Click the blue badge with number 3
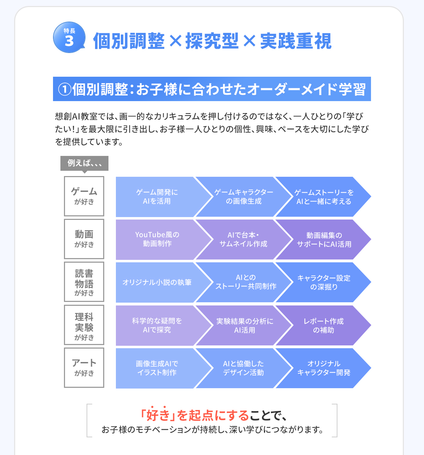click(x=69, y=37)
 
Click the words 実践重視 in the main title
click(x=296, y=41)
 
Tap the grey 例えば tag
click(x=84, y=163)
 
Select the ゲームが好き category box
click(x=84, y=196)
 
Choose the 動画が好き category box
click(x=84, y=239)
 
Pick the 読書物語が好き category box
click(x=84, y=282)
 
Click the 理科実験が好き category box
click(x=84, y=325)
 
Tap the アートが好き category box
click(x=84, y=368)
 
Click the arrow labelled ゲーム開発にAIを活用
click(x=157, y=197)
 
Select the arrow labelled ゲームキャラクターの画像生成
click(x=243, y=197)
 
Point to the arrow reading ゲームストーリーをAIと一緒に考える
click(x=324, y=197)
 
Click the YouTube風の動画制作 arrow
click(x=157, y=239)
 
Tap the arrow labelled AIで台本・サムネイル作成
click(x=243, y=239)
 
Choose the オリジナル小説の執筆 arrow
click(x=157, y=282)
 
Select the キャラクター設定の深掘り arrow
click(x=324, y=282)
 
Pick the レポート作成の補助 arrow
click(x=324, y=326)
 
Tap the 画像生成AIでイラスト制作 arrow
click(x=157, y=368)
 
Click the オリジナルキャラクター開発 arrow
click(x=324, y=368)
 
